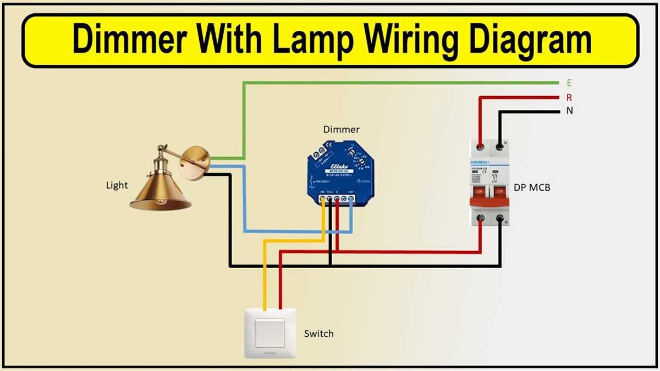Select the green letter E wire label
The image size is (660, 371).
click(x=569, y=83)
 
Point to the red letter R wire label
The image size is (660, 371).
click(x=569, y=98)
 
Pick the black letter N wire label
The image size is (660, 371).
click(x=569, y=111)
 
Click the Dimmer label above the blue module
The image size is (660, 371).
click(x=341, y=130)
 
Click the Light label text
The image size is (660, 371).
click(x=117, y=185)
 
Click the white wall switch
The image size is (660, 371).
click(x=269, y=333)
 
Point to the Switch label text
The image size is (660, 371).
click(x=318, y=334)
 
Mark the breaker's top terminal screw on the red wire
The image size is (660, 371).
click(x=481, y=147)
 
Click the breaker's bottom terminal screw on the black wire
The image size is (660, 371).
click(x=501, y=219)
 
